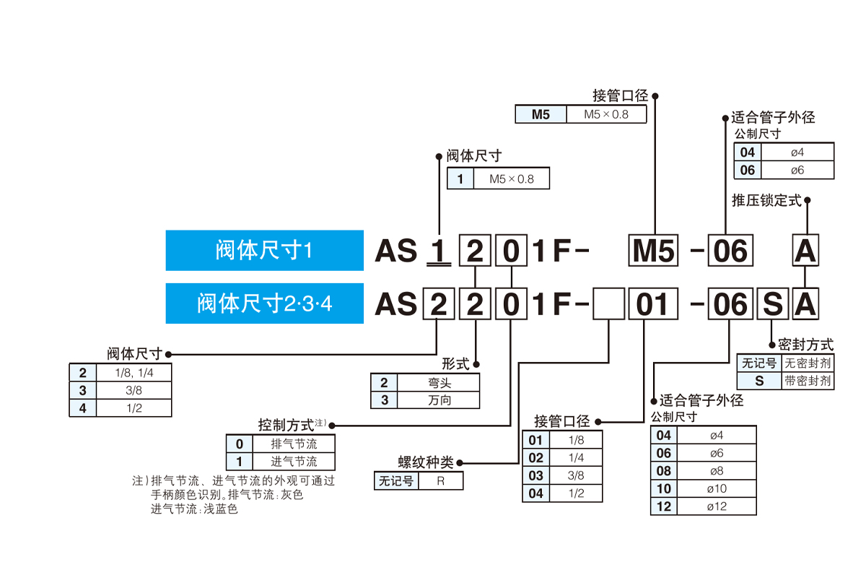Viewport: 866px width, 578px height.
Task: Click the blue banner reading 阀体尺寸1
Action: tap(264, 251)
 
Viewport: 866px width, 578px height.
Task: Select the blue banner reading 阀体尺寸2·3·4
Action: tap(264, 303)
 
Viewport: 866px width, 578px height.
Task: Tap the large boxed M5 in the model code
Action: tap(653, 251)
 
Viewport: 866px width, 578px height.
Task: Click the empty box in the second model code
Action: tap(608, 305)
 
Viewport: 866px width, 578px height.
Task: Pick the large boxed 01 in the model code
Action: tap(653, 305)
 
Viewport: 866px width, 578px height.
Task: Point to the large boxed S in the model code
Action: tap(772, 305)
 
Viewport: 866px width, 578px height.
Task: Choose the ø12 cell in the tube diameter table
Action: tap(717, 506)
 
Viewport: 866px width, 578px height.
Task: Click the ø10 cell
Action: tap(717, 489)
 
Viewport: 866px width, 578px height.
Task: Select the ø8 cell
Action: tap(717, 471)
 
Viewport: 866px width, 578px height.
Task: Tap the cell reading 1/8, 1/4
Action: tap(134, 373)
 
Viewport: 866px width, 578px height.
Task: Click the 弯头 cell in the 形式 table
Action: tap(439, 383)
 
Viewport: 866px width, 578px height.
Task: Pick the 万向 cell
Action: tap(439, 400)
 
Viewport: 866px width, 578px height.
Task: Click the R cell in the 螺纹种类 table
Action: tap(440, 481)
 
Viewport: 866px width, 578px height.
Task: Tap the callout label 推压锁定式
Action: tap(766, 201)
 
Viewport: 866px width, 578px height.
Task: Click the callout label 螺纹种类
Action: tap(426, 462)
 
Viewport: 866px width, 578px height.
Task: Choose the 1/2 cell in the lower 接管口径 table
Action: tap(576, 494)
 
